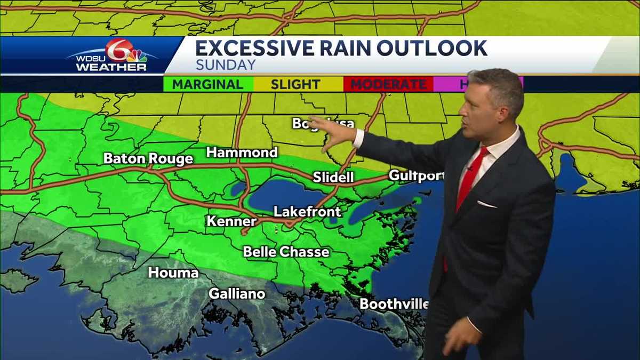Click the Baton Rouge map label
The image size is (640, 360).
[x=148, y=159]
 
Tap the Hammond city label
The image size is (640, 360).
[x=242, y=153]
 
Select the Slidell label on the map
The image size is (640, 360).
[x=333, y=177]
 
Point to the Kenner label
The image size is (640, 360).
[x=231, y=221]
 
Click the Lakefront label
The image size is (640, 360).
[x=307, y=212]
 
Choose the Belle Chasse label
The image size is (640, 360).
[x=286, y=252]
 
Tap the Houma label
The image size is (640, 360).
[x=173, y=273]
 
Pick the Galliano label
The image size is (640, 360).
[x=237, y=293]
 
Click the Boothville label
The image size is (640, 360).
[x=394, y=304]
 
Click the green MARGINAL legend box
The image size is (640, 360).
[x=208, y=84]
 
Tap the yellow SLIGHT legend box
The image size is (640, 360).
[x=295, y=84]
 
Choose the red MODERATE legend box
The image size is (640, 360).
[x=388, y=84]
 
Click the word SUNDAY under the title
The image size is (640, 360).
[x=226, y=65]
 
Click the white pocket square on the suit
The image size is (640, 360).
[x=486, y=204]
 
